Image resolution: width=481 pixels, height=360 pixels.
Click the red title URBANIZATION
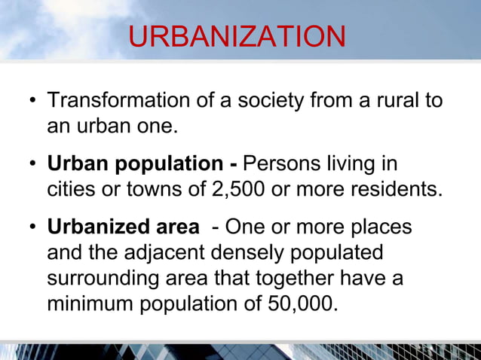click(x=237, y=38)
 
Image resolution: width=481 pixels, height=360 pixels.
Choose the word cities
click(x=73, y=188)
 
